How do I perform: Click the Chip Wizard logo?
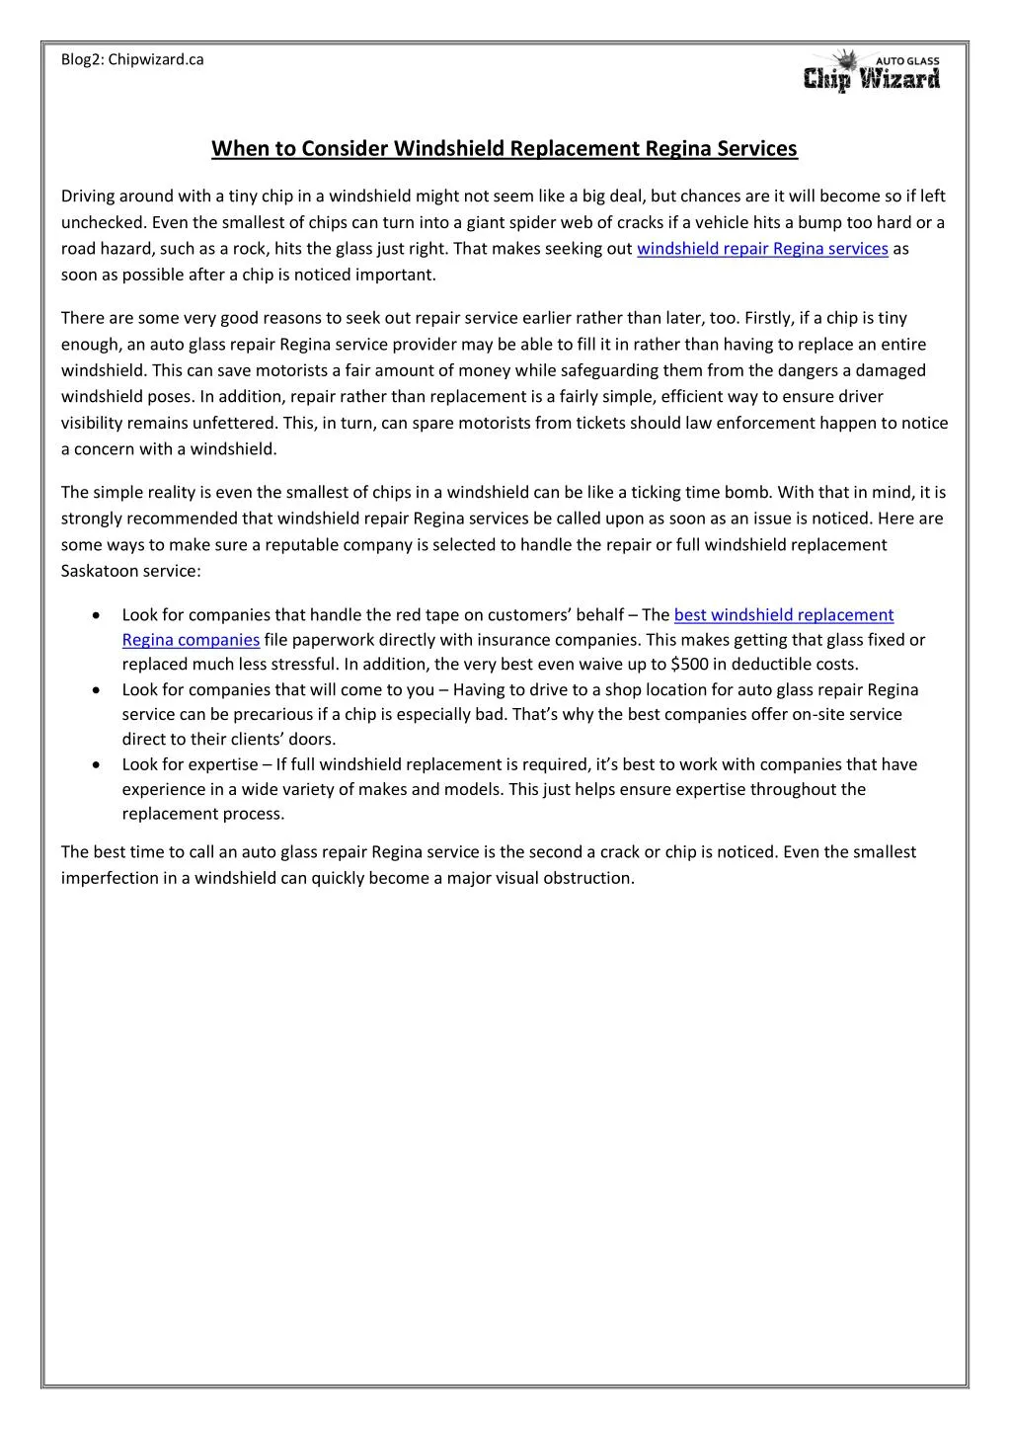point(873,72)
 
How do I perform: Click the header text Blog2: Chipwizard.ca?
point(132,59)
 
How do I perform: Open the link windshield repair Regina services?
point(762,249)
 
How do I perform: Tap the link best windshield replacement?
point(783,615)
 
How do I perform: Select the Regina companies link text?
point(191,640)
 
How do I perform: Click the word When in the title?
point(233,148)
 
